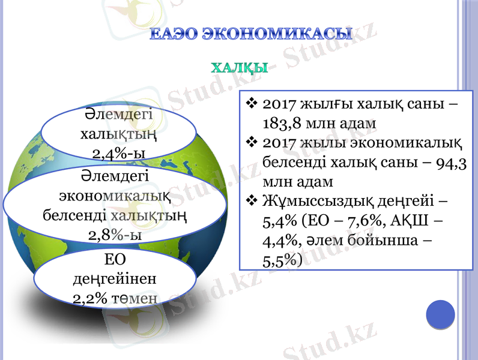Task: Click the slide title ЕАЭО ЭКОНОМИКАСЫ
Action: tap(250, 34)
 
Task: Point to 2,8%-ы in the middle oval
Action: tap(115, 234)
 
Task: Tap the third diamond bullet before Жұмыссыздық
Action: tap(252, 202)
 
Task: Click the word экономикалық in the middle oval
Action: tap(115, 195)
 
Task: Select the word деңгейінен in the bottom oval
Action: tap(115, 279)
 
